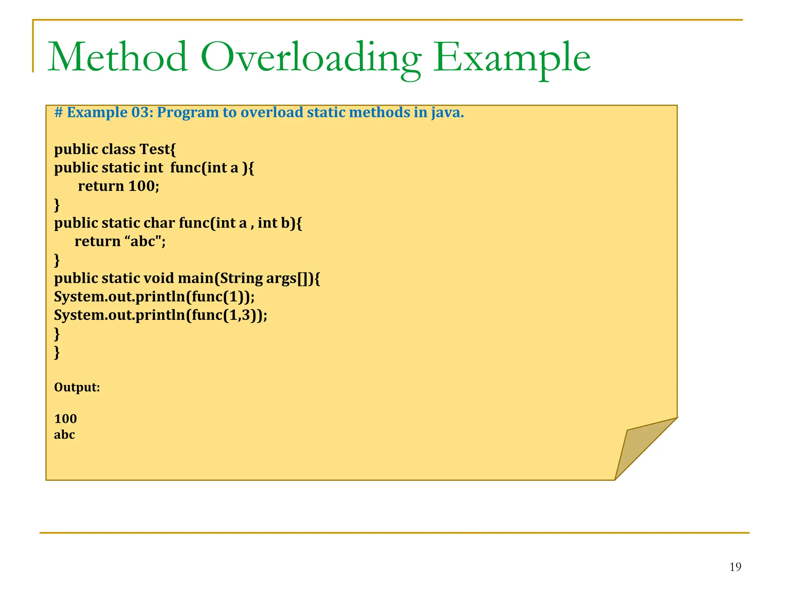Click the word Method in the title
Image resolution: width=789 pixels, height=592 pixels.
pyautogui.click(x=118, y=58)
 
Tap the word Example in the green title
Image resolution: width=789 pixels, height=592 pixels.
pyautogui.click(x=512, y=58)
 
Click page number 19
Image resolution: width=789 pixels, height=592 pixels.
pyautogui.click(x=735, y=567)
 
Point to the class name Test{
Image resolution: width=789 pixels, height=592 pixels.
pyautogui.click(x=158, y=149)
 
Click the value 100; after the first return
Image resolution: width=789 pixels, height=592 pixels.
pyautogui.click(x=144, y=186)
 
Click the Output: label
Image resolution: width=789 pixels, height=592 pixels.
pyautogui.click(x=77, y=387)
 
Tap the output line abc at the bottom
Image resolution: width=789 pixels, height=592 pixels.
pyautogui.click(x=64, y=435)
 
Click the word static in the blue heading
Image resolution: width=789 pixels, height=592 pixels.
pyautogui.click(x=326, y=113)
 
